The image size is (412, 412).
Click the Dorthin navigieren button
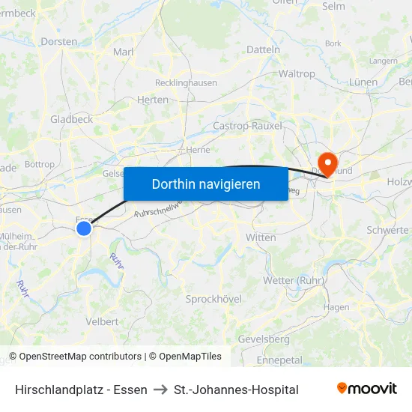tap(205, 184)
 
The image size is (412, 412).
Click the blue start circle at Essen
tap(84, 227)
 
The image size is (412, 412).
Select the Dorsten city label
tap(59, 41)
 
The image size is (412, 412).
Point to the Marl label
tap(123, 52)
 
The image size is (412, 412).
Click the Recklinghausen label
tap(184, 82)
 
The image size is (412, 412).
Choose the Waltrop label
tap(297, 74)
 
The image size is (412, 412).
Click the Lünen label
tap(363, 82)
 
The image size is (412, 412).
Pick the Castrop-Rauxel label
tap(248, 126)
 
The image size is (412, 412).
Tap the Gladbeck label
tap(71, 119)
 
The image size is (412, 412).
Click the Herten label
tap(153, 100)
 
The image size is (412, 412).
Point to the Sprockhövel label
tap(213, 299)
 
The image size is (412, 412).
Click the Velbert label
tap(102, 321)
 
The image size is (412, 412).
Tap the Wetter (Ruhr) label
tap(293, 280)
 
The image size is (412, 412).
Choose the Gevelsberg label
tap(264, 339)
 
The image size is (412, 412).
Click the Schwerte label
tap(388, 230)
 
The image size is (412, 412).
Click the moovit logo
tap(367, 389)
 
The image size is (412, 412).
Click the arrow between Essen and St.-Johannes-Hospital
tap(160, 390)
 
